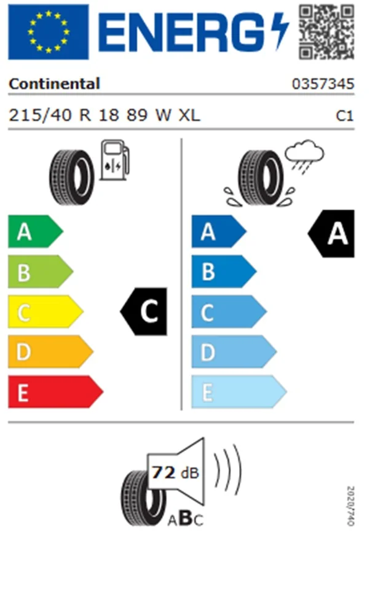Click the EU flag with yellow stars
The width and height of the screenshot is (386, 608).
(48, 32)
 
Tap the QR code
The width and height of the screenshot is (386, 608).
(326, 32)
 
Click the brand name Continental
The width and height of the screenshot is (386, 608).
(54, 84)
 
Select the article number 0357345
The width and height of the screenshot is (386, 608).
(323, 84)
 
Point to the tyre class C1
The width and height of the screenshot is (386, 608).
(344, 115)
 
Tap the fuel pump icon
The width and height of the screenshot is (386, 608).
(114, 160)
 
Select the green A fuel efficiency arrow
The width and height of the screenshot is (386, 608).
(35, 232)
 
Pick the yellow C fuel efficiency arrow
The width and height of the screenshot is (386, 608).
(45, 312)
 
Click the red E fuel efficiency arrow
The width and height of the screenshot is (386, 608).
(55, 392)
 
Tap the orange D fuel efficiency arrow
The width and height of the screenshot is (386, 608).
(50, 352)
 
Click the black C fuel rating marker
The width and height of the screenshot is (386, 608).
(144, 311)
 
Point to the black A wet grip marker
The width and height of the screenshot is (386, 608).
(331, 233)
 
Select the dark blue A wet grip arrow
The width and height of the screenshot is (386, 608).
(219, 232)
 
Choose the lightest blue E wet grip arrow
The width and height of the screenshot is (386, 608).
(239, 392)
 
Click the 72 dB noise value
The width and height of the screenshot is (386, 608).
(175, 473)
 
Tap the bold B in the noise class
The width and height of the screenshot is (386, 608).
(186, 518)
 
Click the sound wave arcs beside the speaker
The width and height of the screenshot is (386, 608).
(228, 470)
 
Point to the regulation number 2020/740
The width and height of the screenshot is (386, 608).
(350, 506)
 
